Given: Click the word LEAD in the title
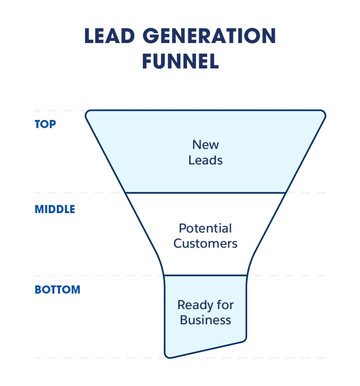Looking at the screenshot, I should (110, 37).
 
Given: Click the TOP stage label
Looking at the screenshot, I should (45, 125).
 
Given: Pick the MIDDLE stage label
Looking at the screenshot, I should (54, 208).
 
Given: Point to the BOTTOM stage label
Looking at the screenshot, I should (58, 290).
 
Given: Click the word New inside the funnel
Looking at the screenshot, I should (205, 144).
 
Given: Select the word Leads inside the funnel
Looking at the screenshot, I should (205, 160).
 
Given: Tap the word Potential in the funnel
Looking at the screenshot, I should (205, 229).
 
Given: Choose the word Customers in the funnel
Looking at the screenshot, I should (205, 244).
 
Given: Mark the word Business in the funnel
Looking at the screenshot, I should (205, 320).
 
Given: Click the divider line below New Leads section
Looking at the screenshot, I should (205, 193).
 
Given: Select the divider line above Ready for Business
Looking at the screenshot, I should (205, 275).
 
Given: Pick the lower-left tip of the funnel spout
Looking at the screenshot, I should (168, 356).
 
